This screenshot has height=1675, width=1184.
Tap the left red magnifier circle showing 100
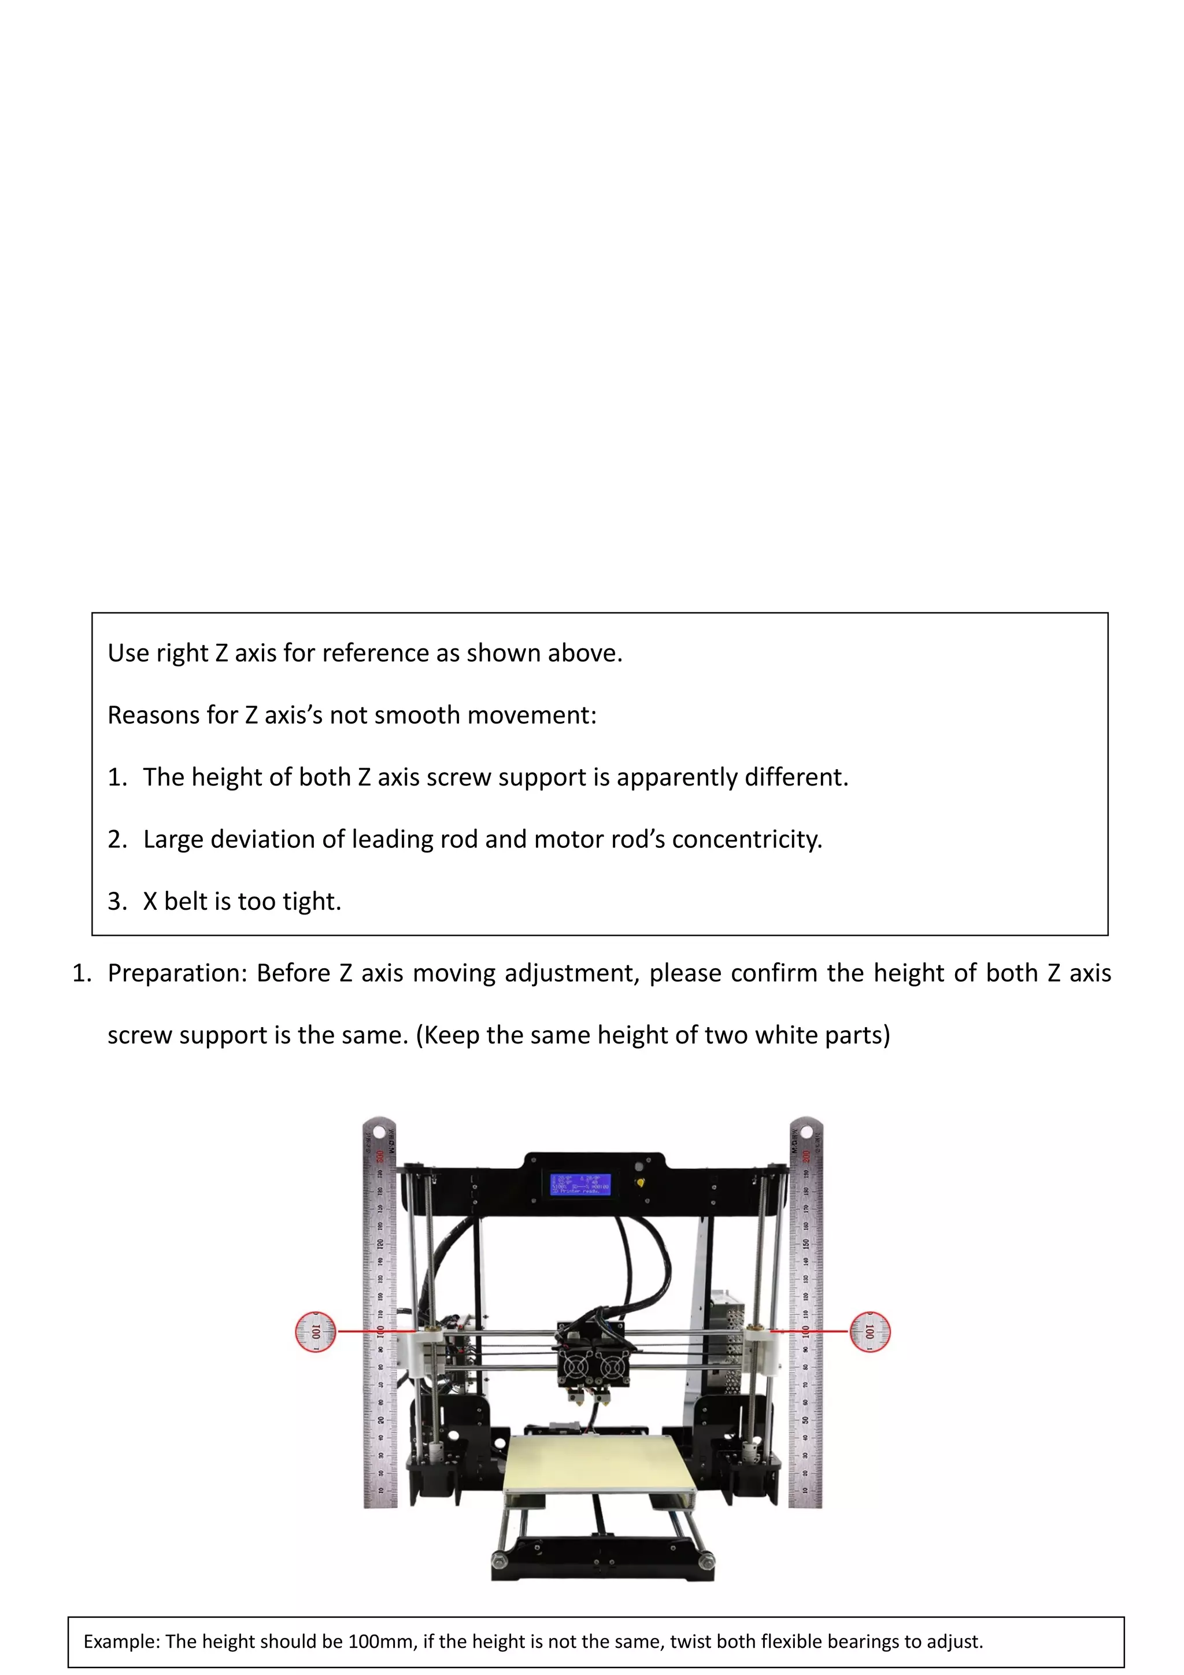[315, 1331]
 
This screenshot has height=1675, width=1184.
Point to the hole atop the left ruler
[379, 1131]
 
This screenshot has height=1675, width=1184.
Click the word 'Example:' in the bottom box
[121, 1641]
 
